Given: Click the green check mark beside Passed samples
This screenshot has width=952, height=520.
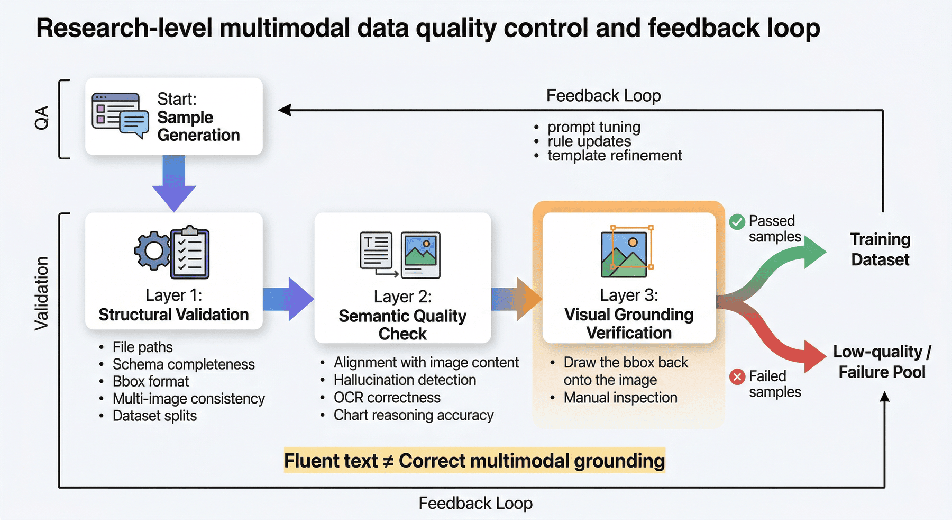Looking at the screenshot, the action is pyautogui.click(x=737, y=222).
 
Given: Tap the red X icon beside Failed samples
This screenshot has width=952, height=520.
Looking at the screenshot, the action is pyautogui.click(x=737, y=377).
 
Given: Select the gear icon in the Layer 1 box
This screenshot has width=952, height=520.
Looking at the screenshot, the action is pyautogui.click(x=153, y=251).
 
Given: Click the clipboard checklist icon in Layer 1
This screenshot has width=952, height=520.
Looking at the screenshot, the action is pyautogui.click(x=190, y=253).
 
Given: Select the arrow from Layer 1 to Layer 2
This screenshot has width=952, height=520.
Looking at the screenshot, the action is pyautogui.click(x=289, y=299).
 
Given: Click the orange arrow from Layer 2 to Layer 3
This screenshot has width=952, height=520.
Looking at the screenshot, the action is pyautogui.click(x=517, y=299).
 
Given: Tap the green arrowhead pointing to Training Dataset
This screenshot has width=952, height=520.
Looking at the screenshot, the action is pyautogui.click(x=814, y=252).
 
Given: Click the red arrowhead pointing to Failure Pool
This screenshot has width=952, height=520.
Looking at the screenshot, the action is pyautogui.click(x=815, y=356).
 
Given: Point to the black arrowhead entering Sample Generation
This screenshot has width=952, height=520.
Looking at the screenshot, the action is pyautogui.click(x=285, y=110).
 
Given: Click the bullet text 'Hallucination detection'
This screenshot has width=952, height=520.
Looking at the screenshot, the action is pyautogui.click(x=405, y=380).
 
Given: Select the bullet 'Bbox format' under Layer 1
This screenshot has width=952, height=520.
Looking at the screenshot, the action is pyautogui.click(x=151, y=381).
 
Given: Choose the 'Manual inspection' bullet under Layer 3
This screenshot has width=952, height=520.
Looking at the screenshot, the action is pyautogui.click(x=620, y=398).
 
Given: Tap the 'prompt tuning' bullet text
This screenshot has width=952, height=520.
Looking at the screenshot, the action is pyautogui.click(x=594, y=127).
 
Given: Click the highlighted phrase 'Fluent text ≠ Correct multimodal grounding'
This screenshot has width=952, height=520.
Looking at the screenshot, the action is pyautogui.click(x=474, y=461).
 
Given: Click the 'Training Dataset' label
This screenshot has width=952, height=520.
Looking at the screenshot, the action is pyautogui.click(x=880, y=249).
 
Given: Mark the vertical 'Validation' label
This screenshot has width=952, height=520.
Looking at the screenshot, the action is pyautogui.click(x=41, y=294).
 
